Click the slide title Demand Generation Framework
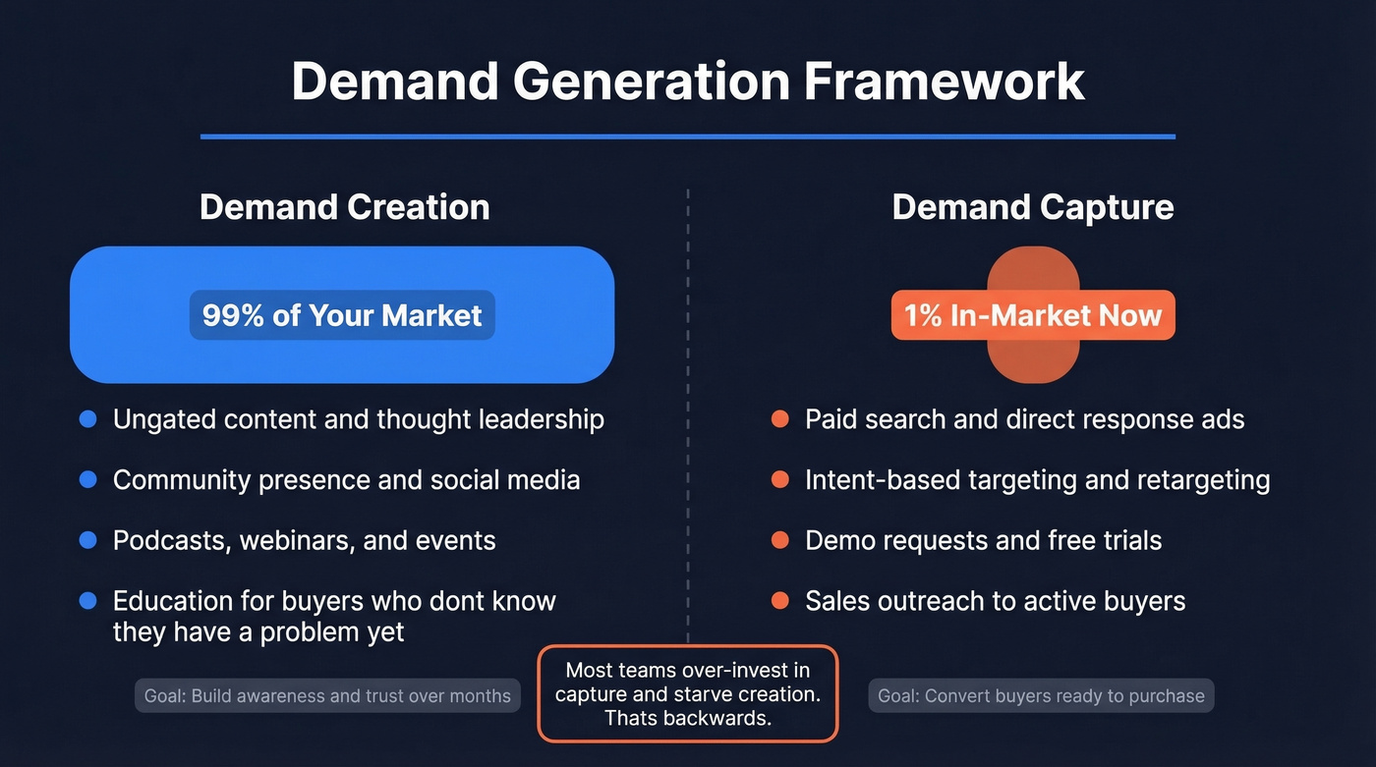[x=688, y=82]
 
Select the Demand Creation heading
[x=344, y=207]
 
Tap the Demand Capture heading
[x=1032, y=207]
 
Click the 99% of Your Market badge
[x=342, y=315]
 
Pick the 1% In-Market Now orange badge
[x=1032, y=315]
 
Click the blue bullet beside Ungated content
[x=88, y=420]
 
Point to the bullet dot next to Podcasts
[x=88, y=540]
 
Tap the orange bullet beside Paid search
[x=780, y=420]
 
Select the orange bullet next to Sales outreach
[x=780, y=600]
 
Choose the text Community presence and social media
[x=346, y=480]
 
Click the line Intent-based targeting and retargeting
[x=1037, y=480]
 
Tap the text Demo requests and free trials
[x=983, y=541]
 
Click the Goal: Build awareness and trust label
[x=327, y=696]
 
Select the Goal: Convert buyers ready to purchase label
[x=1041, y=696]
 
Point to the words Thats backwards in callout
[x=687, y=718]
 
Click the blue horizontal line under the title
[x=688, y=137]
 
